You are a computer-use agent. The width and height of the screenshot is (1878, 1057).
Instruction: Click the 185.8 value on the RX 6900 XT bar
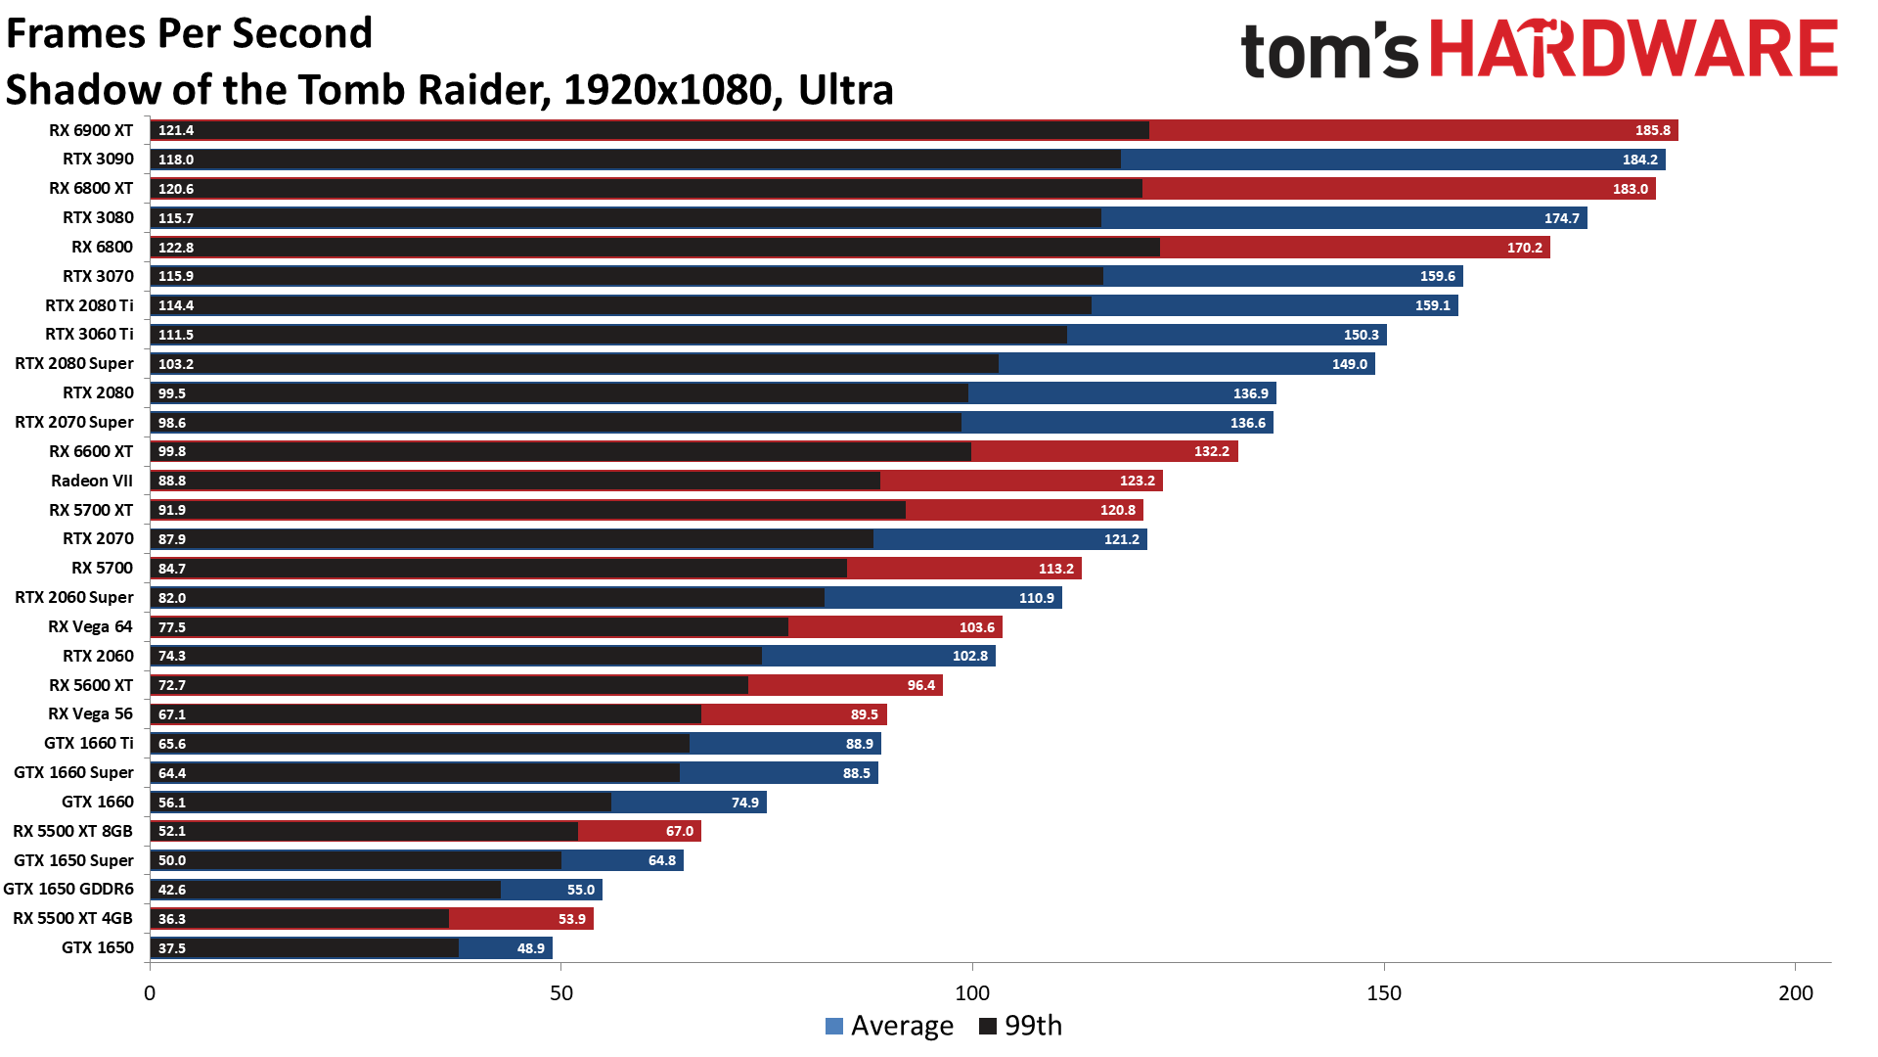point(1652,130)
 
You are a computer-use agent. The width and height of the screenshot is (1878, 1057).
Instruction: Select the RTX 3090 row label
point(98,159)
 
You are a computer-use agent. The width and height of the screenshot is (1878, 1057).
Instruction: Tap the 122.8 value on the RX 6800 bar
point(176,248)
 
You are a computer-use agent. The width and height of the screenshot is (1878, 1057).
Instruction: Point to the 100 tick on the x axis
point(972,993)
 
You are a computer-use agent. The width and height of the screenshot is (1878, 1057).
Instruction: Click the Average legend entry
point(889,1026)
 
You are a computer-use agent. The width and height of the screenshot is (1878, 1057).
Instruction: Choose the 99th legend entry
point(1021,1026)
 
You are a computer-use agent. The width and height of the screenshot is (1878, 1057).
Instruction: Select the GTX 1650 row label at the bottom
point(97,947)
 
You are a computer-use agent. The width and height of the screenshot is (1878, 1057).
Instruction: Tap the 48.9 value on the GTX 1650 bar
point(530,948)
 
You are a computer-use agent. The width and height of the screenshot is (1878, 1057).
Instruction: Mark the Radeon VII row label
point(92,481)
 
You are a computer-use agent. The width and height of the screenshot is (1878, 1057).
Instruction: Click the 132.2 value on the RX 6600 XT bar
point(1211,451)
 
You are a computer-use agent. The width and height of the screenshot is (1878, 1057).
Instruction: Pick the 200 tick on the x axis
point(1795,993)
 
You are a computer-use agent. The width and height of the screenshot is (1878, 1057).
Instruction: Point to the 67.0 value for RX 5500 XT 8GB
point(679,831)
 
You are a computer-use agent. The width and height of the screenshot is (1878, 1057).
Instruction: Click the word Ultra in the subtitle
point(845,90)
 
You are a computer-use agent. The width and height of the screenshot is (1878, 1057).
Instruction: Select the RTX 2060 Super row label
point(74,597)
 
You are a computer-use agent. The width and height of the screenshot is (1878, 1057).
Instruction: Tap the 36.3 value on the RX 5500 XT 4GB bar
point(172,919)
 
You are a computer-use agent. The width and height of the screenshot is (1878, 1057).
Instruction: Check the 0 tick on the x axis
point(150,993)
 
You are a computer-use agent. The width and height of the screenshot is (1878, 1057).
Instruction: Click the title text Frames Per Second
point(189,33)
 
